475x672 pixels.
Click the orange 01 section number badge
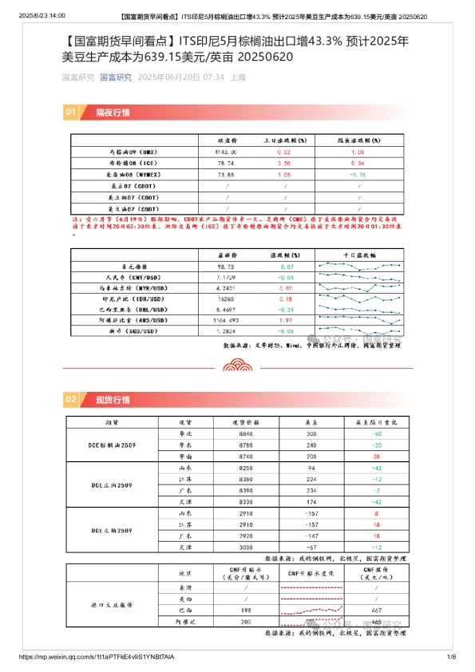click(x=70, y=113)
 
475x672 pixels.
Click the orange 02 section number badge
click(x=70, y=399)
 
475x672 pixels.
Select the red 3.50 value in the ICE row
click(x=283, y=162)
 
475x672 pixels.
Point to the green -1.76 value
click(x=357, y=173)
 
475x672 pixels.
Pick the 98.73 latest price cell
click(x=224, y=267)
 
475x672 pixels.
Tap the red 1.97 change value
click(x=285, y=319)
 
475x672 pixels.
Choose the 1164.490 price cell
click(x=225, y=319)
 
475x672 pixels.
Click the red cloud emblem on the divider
click(x=237, y=367)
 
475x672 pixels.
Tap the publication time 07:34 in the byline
click(x=212, y=77)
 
